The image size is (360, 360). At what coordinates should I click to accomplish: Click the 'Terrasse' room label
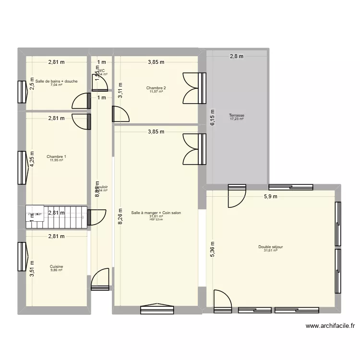coord(237,115)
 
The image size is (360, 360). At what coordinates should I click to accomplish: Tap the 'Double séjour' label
coord(271,247)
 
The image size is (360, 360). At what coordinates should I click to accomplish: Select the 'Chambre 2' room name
coord(156,88)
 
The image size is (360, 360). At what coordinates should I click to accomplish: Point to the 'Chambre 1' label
coord(57,156)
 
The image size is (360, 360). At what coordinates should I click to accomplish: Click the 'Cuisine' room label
coord(57,266)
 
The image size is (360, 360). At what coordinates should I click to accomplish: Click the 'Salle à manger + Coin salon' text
coord(156,213)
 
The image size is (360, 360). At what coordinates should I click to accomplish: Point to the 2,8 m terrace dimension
coord(237,56)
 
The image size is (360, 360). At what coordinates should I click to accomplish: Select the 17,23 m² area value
coord(237,119)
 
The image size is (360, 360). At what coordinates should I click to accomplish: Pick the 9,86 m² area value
coord(57,270)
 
